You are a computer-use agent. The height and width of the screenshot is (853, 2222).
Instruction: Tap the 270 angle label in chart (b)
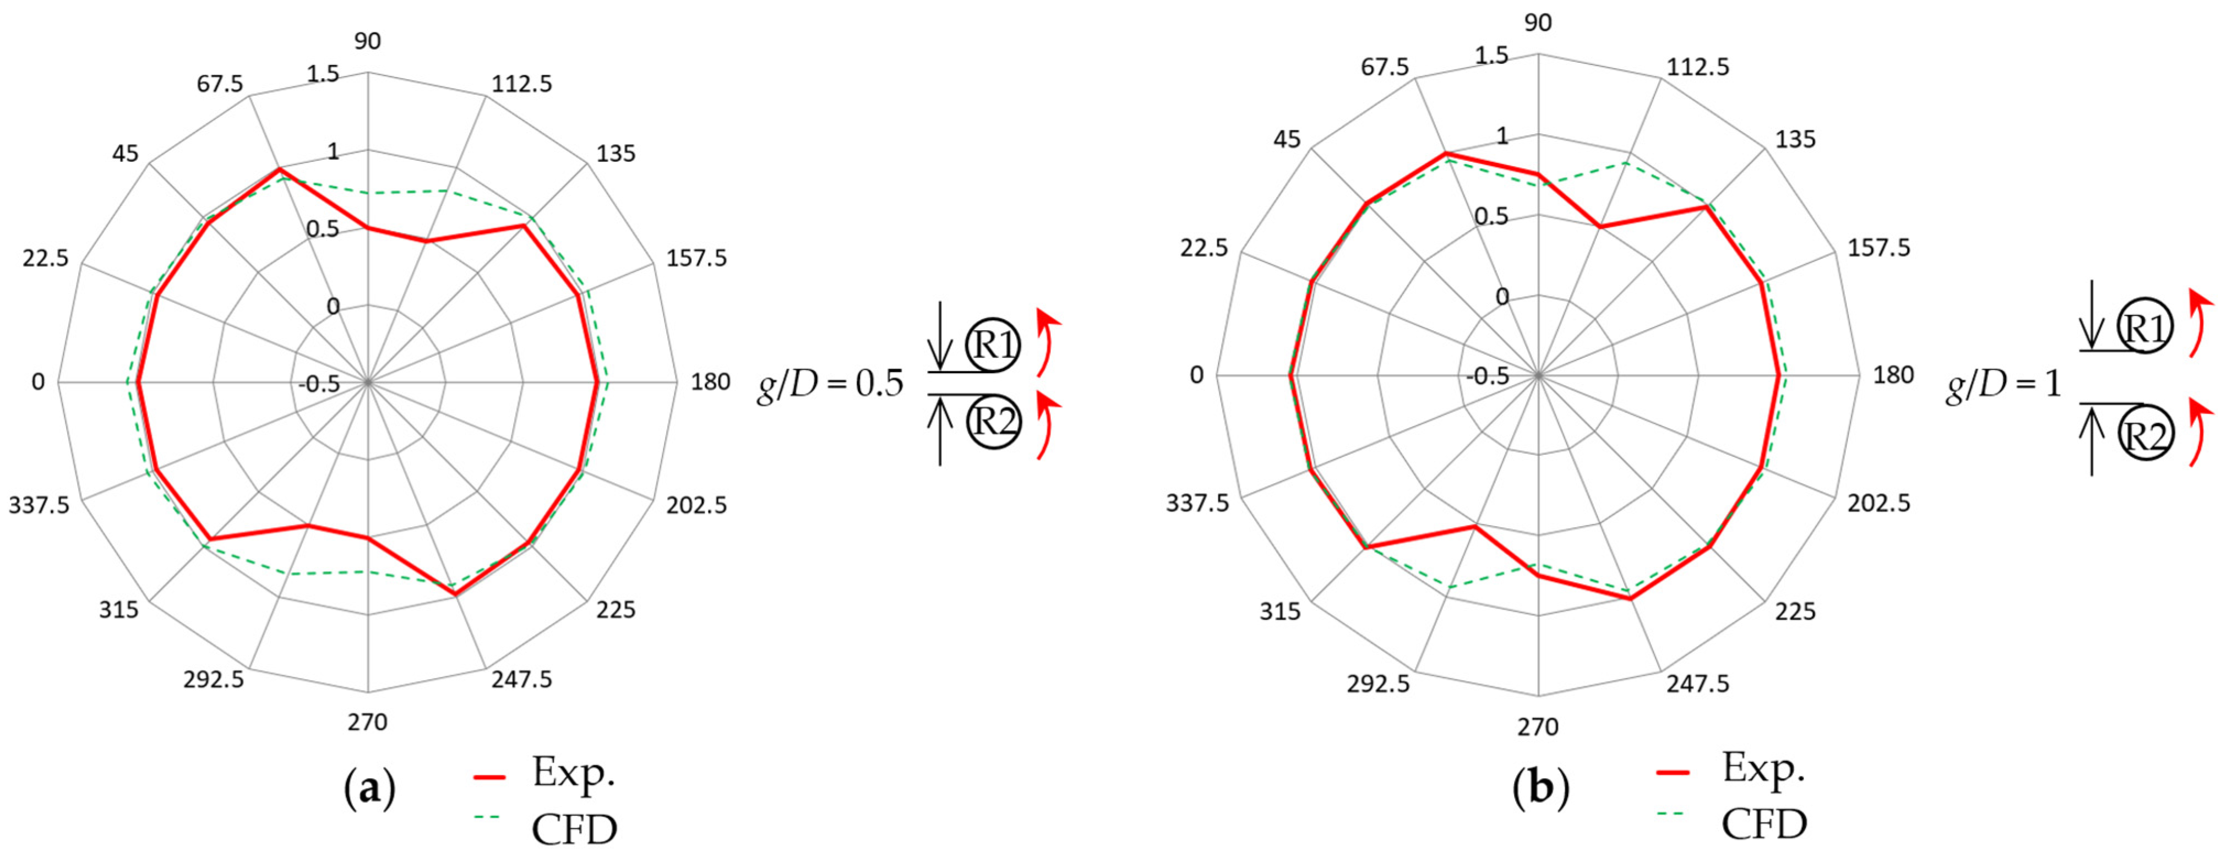[x=1538, y=727]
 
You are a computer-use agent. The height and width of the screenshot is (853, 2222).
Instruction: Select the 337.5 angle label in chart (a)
[x=40, y=505]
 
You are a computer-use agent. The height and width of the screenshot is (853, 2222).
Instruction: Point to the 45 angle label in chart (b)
[x=1288, y=139]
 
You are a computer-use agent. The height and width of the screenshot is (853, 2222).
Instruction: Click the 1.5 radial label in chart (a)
[x=323, y=75]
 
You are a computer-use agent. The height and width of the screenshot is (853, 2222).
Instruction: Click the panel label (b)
[x=1540, y=788]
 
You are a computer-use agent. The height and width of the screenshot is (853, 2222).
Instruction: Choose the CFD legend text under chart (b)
[x=1764, y=824]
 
